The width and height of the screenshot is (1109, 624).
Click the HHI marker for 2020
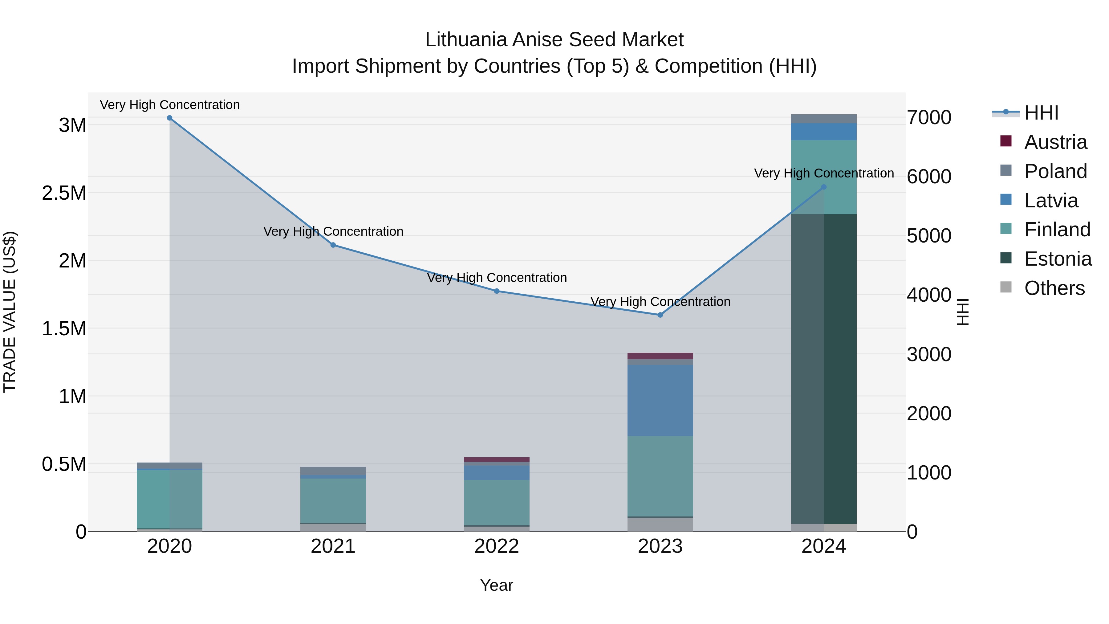(170, 118)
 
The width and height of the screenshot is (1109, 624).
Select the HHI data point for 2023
(660, 315)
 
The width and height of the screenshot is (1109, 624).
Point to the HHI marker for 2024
(823, 187)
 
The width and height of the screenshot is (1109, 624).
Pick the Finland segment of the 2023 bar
(660, 476)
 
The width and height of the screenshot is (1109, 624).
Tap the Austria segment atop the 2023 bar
(660, 356)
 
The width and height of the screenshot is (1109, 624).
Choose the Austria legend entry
(1055, 142)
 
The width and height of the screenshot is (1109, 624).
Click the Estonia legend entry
(1057, 259)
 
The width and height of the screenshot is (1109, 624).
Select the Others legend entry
(1054, 288)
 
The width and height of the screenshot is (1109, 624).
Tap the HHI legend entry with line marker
(1041, 113)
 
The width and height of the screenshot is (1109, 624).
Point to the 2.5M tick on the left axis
(64, 193)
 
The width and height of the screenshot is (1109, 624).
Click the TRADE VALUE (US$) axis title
(10, 312)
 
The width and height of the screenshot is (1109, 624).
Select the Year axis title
(496, 585)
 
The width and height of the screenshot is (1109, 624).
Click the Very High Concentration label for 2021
(333, 231)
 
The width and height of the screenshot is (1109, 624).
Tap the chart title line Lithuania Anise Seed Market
(554, 40)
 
